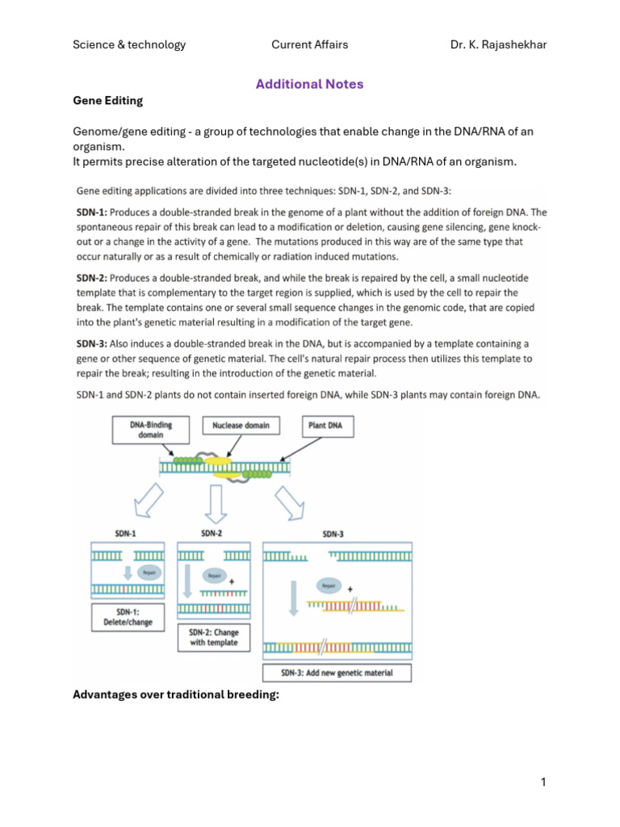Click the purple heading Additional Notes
pos(309,84)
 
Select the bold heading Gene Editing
pos(108,101)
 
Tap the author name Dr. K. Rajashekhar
pos(498,44)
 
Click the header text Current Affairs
pos(309,44)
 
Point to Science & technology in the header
pos(129,44)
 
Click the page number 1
pos(543,782)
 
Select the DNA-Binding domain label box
pos(150,430)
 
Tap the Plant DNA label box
pos(328,425)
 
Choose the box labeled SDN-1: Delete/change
pos(128,617)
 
